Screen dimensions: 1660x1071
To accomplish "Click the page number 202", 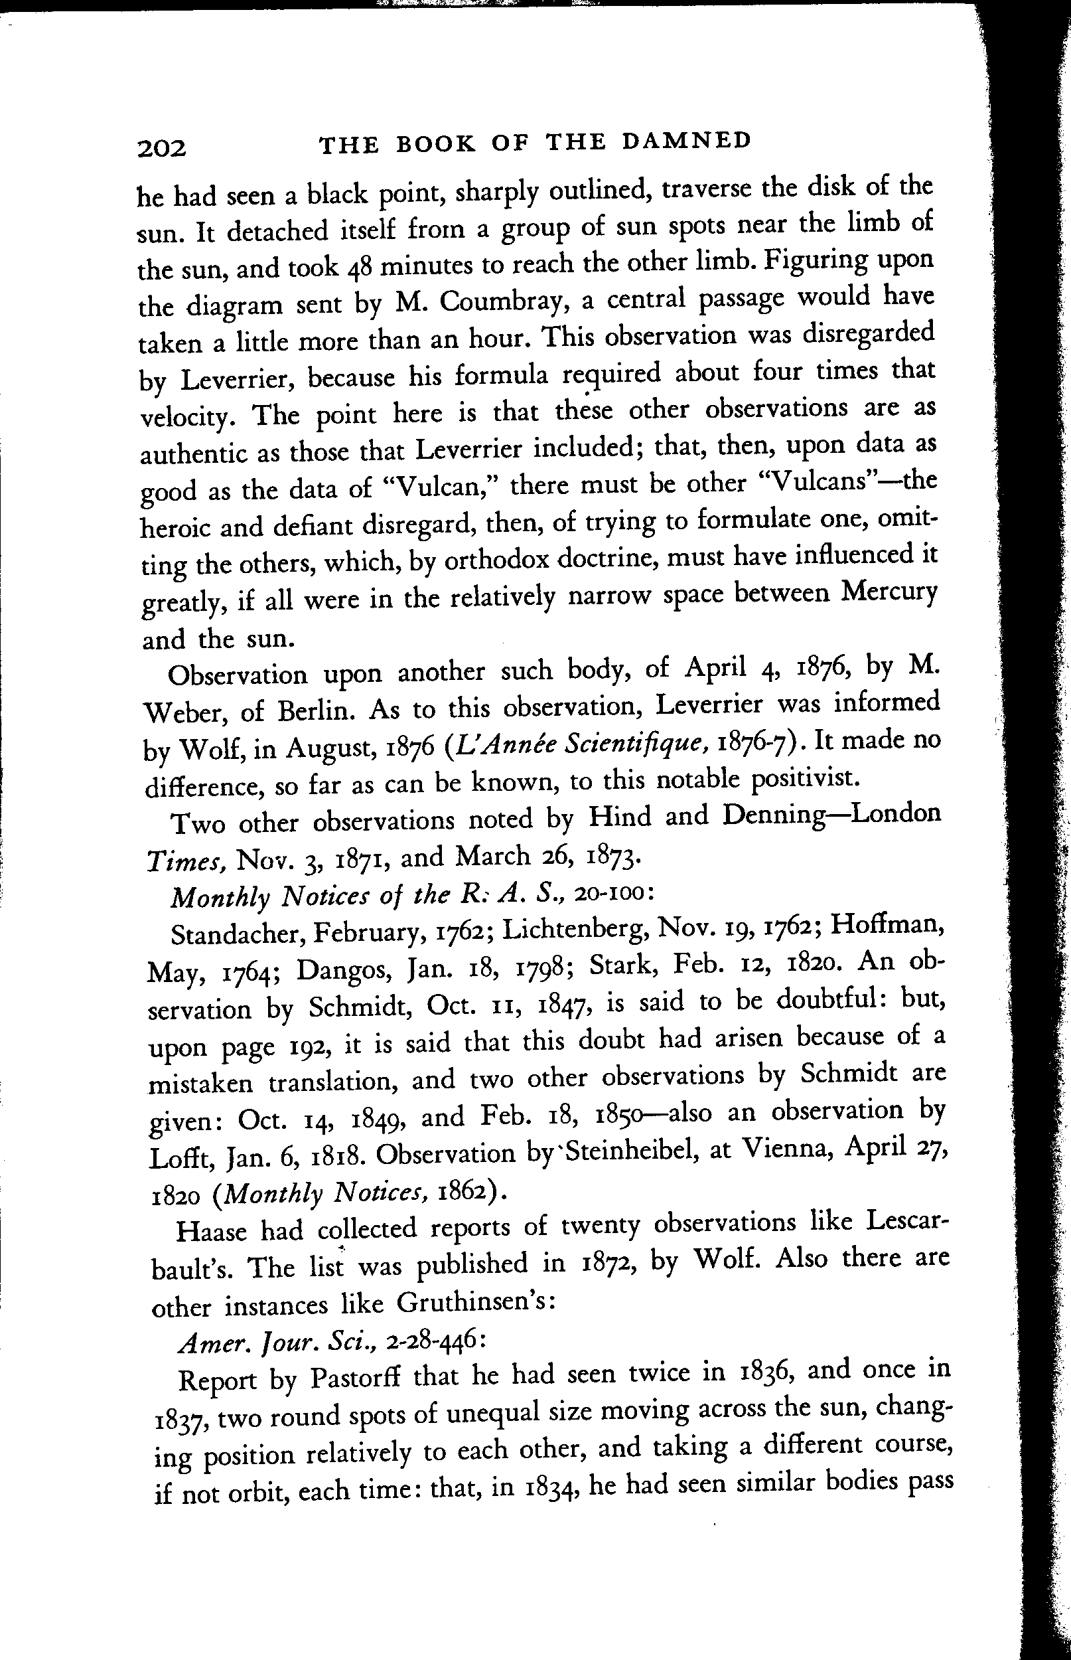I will click(x=162, y=148).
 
